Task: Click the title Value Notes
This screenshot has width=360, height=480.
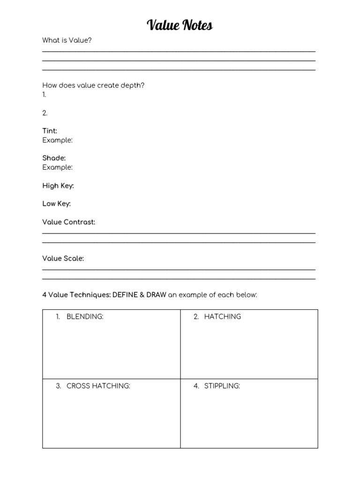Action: coord(180,25)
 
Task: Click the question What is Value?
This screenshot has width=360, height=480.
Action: coord(67,40)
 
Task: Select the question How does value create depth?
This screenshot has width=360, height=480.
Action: coord(93,85)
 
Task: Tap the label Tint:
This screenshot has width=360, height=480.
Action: coord(50,131)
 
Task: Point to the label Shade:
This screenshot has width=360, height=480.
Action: coord(54,158)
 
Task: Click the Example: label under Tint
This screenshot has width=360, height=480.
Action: coord(57,140)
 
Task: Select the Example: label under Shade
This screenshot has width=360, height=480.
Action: coord(57,167)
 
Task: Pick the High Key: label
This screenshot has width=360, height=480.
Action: coord(58,186)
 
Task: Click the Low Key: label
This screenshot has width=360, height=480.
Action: coord(57,204)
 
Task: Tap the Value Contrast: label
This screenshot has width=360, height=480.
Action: coord(69,222)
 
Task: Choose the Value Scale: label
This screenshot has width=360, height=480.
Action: coord(63,259)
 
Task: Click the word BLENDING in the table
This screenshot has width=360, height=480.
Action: coord(84,317)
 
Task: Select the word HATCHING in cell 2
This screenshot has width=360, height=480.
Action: coord(222,317)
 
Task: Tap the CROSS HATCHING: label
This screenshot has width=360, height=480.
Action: coord(98,386)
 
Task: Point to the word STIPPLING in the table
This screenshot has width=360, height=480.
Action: coord(222,386)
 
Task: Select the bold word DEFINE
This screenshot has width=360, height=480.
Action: coord(126,295)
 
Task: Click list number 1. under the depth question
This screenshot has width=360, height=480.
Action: coord(45,95)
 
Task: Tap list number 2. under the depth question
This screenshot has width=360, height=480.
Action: coord(45,113)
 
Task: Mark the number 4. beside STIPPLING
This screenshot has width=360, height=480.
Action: coord(196,386)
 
